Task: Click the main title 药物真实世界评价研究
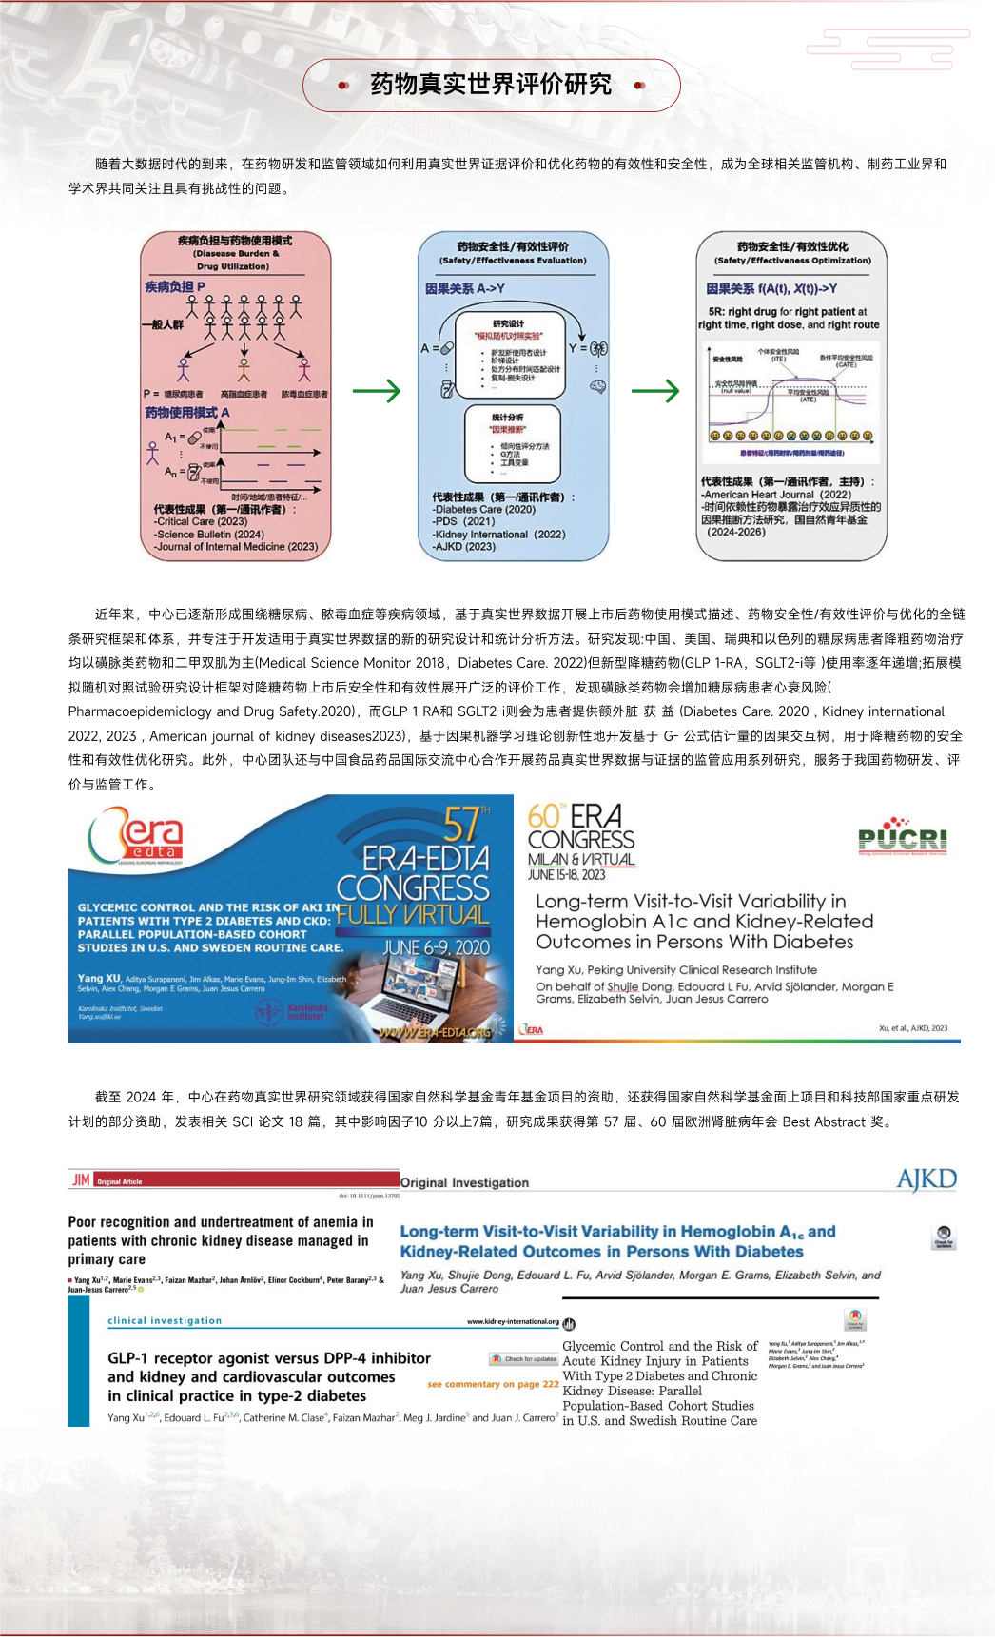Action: pos(491,85)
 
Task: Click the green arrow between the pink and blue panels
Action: pos(377,390)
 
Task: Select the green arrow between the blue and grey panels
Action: pos(655,390)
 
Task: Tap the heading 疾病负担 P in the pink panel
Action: pos(174,286)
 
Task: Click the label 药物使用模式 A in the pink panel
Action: pos(186,413)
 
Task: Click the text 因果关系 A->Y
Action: pos(465,288)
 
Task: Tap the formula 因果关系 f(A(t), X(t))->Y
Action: pos(771,288)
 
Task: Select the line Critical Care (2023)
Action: pos(202,521)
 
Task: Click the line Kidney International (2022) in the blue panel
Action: pos(498,534)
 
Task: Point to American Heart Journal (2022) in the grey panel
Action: pos(777,495)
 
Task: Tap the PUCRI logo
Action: pos(902,837)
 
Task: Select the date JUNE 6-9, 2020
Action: pos(436,947)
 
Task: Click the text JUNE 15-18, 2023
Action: pos(567,874)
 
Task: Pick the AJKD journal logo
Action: pos(926,1180)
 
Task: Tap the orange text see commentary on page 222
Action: pos(493,1384)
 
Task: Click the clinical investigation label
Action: pos(165,1321)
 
